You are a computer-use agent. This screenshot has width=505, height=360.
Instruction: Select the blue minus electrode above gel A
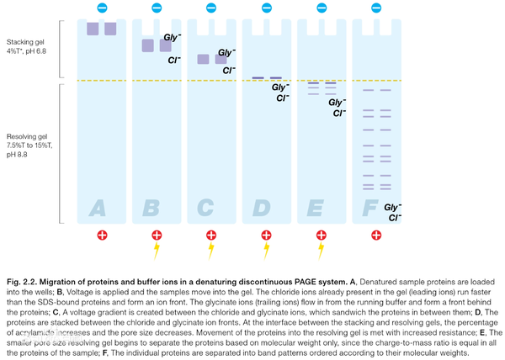point(102,8)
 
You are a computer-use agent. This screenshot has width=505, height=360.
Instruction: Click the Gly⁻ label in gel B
point(173,38)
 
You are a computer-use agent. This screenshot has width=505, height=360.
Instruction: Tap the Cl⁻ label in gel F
point(393,218)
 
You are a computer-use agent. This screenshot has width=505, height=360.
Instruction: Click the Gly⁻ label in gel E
point(338,102)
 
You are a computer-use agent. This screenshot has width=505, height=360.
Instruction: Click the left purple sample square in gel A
point(93,29)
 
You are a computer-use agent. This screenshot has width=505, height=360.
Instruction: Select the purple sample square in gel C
point(203,59)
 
